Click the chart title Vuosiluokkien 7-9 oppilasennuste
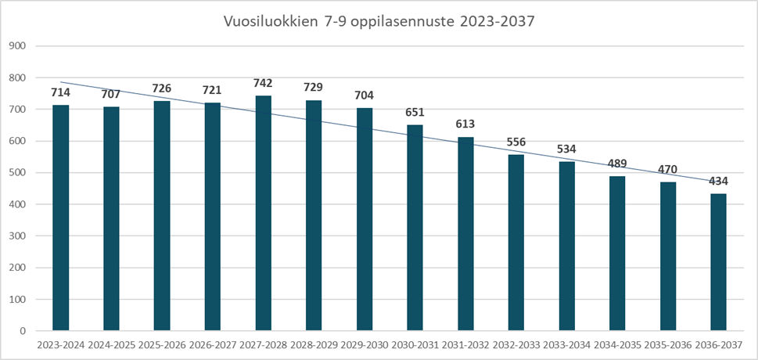coord(379,22)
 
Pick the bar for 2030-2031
coord(415,228)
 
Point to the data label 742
coord(263,83)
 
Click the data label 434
coord(718,182)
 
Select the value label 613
coord(465,124)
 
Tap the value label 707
coord(111,95)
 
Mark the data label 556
coord(516,142)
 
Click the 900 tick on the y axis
coord(18,46)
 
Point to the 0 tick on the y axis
coord(23,331)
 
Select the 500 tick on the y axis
coord(18,173)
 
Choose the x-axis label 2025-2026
coord(162,345)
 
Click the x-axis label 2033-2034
coord(566,345)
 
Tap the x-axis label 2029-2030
coord(365,345)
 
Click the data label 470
coord(667,170)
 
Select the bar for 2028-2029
coord(314,215)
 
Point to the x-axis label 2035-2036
coord(667,345)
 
